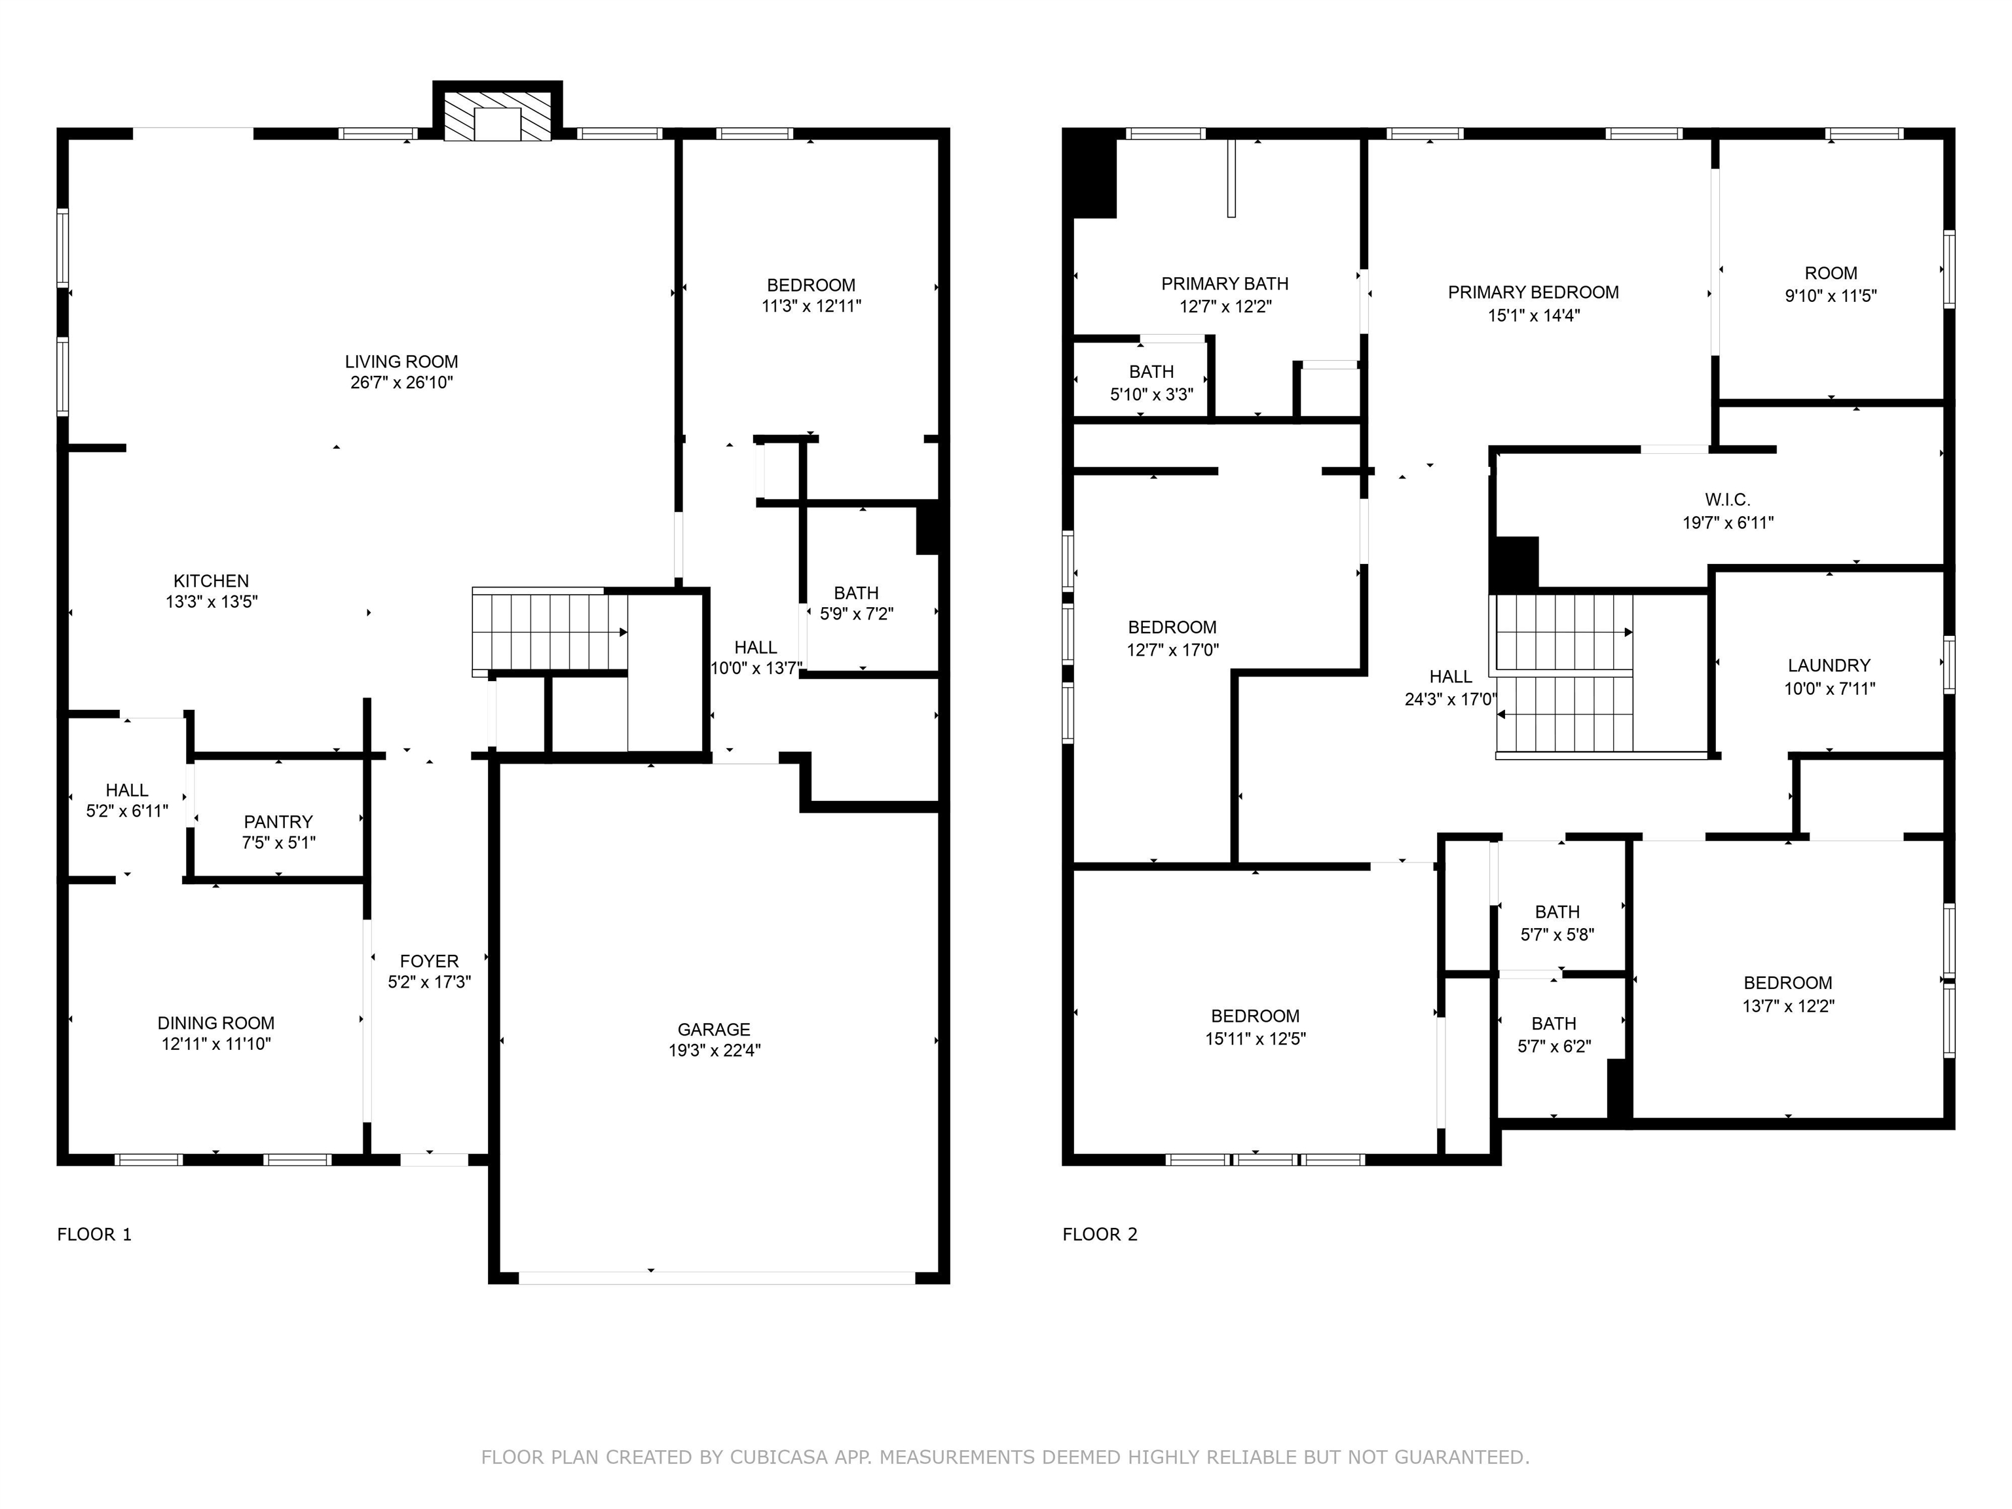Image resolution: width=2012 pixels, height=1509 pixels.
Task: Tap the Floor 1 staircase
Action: tap(550, 632)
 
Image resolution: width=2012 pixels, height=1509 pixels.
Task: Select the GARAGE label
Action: tap(714, 1030)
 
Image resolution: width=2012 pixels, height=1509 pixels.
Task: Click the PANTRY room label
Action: tap(278, 821)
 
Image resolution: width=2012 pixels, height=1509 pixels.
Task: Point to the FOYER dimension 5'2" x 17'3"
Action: tap(430, 982)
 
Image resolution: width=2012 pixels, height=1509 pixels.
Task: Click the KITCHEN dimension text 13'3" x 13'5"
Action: tap(212, 601)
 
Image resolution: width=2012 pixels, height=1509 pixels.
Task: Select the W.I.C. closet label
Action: tap(1727, 499)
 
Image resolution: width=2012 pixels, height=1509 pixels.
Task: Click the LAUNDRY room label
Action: tap(1829, 666)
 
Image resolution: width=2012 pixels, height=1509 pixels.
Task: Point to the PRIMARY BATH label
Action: tap(1225, 284)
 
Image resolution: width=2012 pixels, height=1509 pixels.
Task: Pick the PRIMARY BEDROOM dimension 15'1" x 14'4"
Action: tap(1533, 316)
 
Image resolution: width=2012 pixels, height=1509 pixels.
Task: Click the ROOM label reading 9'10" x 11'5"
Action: tap(1831, 274)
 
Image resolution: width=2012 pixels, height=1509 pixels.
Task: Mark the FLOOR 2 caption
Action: tap(1100, 1235)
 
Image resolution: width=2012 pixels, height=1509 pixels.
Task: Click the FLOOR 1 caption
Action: tap(94, 1235)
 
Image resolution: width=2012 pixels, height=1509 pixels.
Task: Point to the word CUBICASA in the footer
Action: tap(779, 1457)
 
